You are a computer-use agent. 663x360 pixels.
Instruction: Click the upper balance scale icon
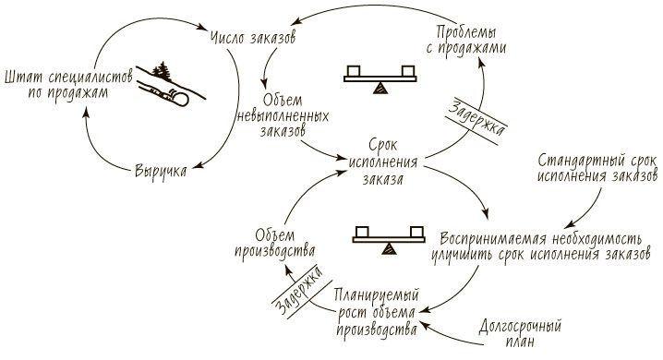tap(378, 78)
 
